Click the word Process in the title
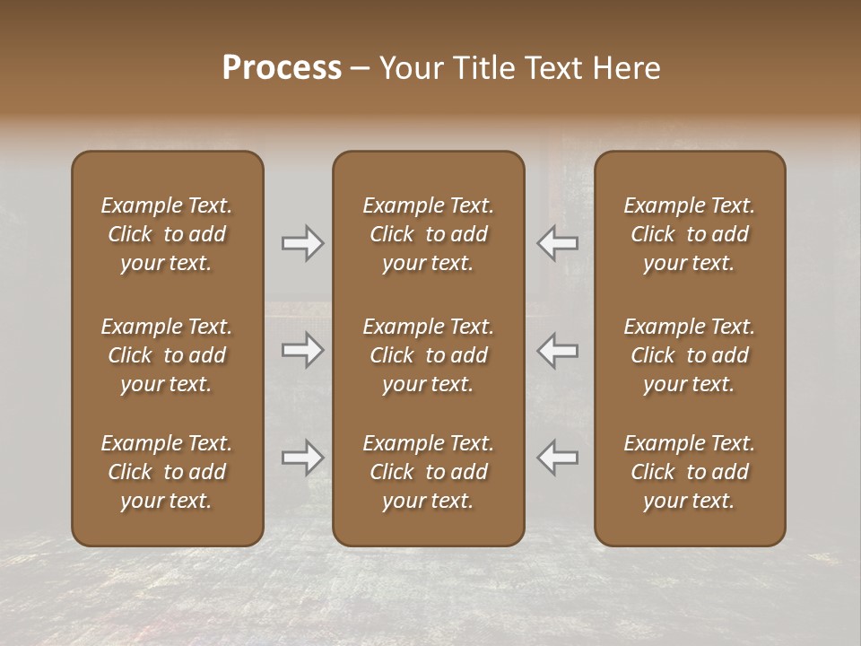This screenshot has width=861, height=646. tap(282, 68)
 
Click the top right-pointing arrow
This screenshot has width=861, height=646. tap(302, 243)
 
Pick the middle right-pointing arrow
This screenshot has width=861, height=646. tap(302, 350)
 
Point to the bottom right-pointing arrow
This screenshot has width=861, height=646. tap(302, 458)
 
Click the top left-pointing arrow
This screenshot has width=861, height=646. tap(558, 243)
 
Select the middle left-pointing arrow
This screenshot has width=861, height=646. tap(558, 350)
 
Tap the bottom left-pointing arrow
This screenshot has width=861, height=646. tap(558, 458)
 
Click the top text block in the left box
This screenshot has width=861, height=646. tap(167, 234)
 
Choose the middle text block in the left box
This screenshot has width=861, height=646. tap(167, 355)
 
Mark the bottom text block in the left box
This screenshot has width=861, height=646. tap(167, 472)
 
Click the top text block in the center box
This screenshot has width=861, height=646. tap(428, 234)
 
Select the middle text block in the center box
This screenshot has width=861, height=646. tap(428, 355)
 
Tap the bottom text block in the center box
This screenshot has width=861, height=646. tap(428, 472)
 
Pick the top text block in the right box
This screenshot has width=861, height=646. tap(689, 234)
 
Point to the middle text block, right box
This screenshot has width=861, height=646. tap(689, 355)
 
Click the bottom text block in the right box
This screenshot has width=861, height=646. tap(689, 472)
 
